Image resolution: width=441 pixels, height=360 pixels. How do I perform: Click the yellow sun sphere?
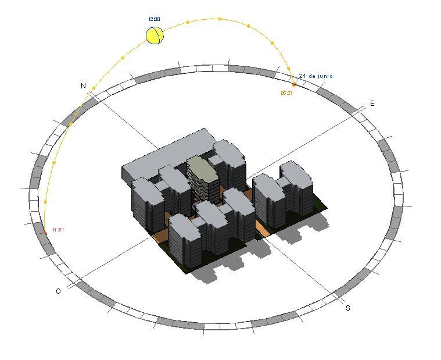coord(155,35)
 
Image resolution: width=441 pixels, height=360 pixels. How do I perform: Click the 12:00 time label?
coord(154,19)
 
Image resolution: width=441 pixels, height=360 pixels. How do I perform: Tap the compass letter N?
coord(83,86)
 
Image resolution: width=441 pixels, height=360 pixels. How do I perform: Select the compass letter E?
coord(372,104)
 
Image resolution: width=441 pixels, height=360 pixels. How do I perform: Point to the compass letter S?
coord(348,308)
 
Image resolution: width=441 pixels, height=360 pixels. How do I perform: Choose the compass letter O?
coord(58,291)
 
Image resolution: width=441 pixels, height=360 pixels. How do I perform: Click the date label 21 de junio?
coord(316,76)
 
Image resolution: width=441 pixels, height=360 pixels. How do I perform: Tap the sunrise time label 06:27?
coord(286,93)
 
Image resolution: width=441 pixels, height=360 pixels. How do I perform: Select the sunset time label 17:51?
coord(58,230)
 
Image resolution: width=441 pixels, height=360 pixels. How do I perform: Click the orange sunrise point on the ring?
coord(294,84)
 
